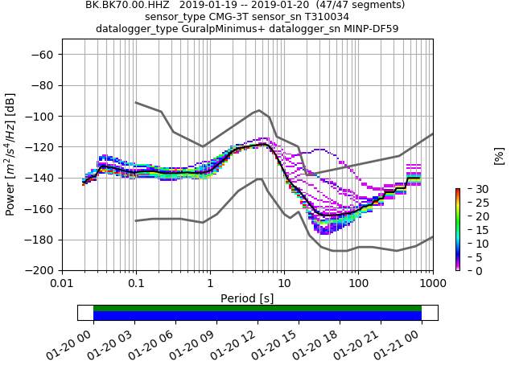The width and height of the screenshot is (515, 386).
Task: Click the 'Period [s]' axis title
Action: click(x=247, y=298)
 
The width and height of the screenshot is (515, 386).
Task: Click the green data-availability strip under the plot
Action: click(x=257, y=308)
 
